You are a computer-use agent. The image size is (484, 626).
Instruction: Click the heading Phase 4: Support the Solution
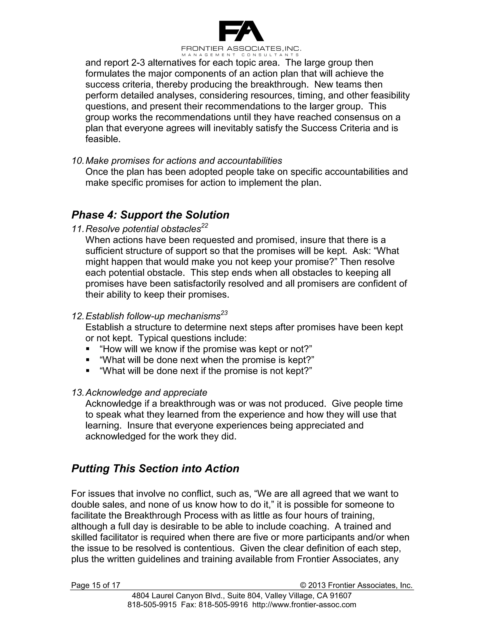click(150, 215)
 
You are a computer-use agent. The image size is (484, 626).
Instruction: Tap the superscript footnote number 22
click(204, 226)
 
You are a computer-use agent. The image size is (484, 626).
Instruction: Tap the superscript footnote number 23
click(224, 313)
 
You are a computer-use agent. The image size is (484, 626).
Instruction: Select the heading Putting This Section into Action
click(155, 469)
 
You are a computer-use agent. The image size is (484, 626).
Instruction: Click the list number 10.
click(78, 160)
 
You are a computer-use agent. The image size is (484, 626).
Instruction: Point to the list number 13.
click(78, 392)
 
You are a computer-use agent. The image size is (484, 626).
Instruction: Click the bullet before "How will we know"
click(88, 349)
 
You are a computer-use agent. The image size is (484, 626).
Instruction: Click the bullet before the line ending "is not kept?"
click(88, 371)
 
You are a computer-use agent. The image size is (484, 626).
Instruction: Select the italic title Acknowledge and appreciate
click(146, 392)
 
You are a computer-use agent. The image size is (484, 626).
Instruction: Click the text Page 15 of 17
click(95, 585)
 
